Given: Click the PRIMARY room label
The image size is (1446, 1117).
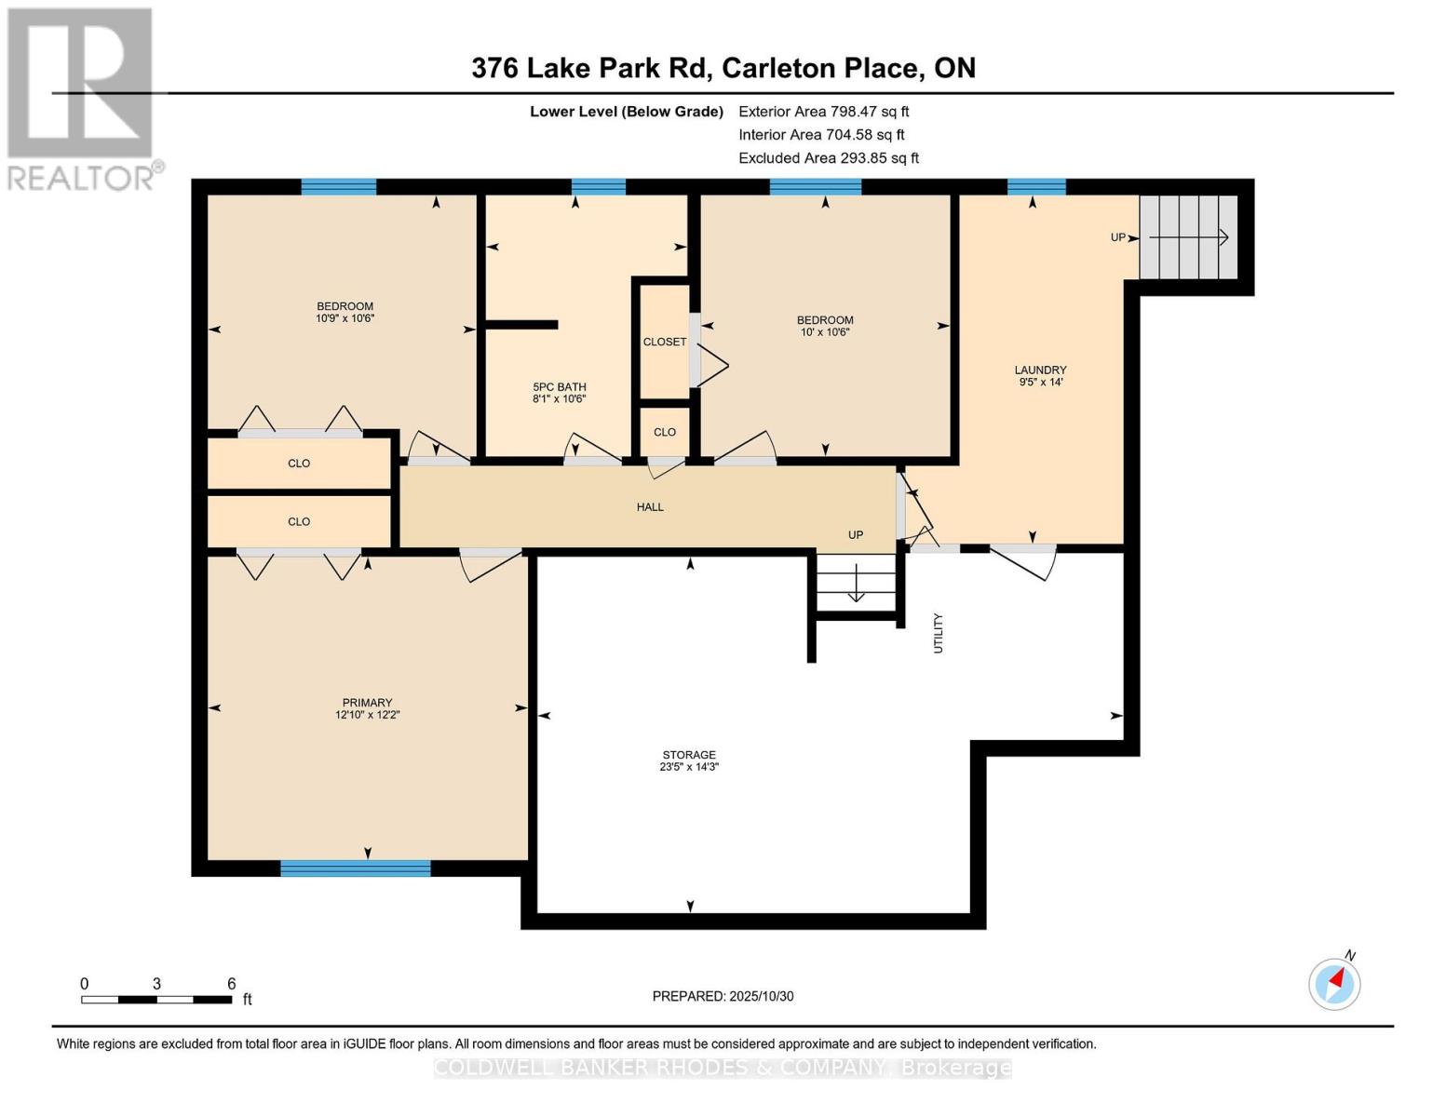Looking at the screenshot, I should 367,703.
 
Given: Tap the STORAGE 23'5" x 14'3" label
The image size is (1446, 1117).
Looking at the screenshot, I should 689,761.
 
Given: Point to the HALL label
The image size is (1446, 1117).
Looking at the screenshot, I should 650,507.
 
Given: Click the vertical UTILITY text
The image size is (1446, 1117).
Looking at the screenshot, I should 939,633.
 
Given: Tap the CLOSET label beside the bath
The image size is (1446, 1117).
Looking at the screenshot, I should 665,342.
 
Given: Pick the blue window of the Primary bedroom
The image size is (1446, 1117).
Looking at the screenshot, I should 356,868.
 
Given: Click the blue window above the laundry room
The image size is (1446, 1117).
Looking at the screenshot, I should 1036,186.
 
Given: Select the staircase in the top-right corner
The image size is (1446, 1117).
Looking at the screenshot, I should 1188,237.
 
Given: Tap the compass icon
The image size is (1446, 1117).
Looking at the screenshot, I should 1334,984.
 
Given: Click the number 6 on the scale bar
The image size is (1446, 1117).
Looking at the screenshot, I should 232,984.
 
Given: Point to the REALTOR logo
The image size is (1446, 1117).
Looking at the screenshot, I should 82,98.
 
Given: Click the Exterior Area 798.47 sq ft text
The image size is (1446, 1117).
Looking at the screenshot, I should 823,111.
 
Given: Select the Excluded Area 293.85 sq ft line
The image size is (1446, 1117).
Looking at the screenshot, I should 829,158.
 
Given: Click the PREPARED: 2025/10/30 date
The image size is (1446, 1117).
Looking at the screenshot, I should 723,996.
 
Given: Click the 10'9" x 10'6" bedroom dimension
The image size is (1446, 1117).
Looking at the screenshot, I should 345,318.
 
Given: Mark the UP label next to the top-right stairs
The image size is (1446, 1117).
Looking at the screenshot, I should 1118,237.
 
